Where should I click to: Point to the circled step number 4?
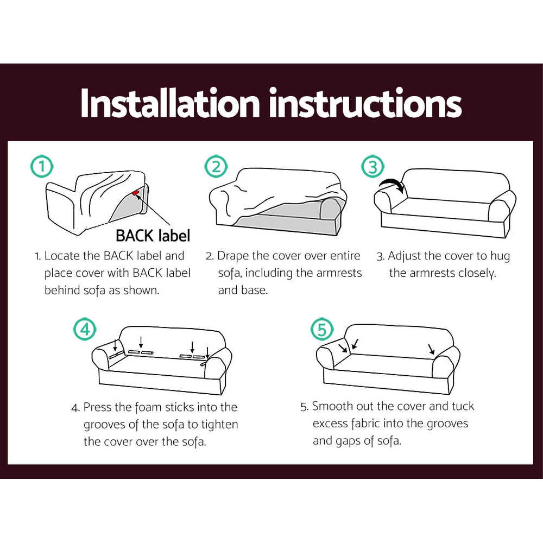click(x=85, y=329)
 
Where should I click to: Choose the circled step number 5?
click(x=321, y=329)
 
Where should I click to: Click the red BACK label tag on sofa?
click(x=135, y=193)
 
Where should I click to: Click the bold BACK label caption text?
click(x=153, y=236)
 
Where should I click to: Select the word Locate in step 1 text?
click(x=61, y=256)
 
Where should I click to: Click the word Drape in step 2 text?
click(x=232, y=256)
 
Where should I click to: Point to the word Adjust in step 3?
click(x=405, y=256)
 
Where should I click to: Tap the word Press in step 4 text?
click(x=99, y=407)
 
